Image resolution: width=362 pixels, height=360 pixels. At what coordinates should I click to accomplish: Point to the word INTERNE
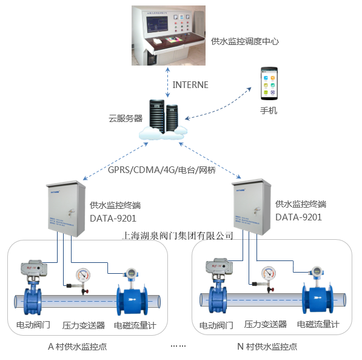[x=190, y=85]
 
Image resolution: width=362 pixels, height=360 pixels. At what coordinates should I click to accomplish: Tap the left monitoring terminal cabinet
[x=65, y=209]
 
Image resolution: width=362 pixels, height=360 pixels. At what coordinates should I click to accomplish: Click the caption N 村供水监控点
[x=267, y=347]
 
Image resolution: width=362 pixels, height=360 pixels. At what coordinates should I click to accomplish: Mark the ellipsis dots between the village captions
[x=178, y=345]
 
